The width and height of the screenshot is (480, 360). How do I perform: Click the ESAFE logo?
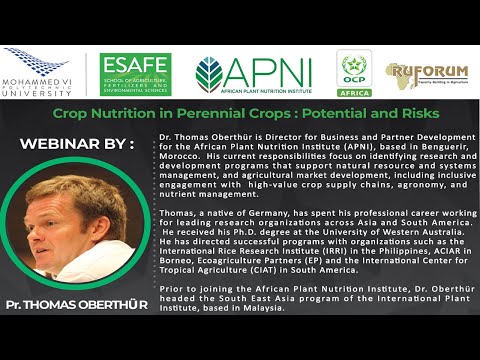pyautogui.click(x=134, y=74)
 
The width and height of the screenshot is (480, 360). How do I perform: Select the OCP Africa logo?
pyautogui.click(x=353, y=73)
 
